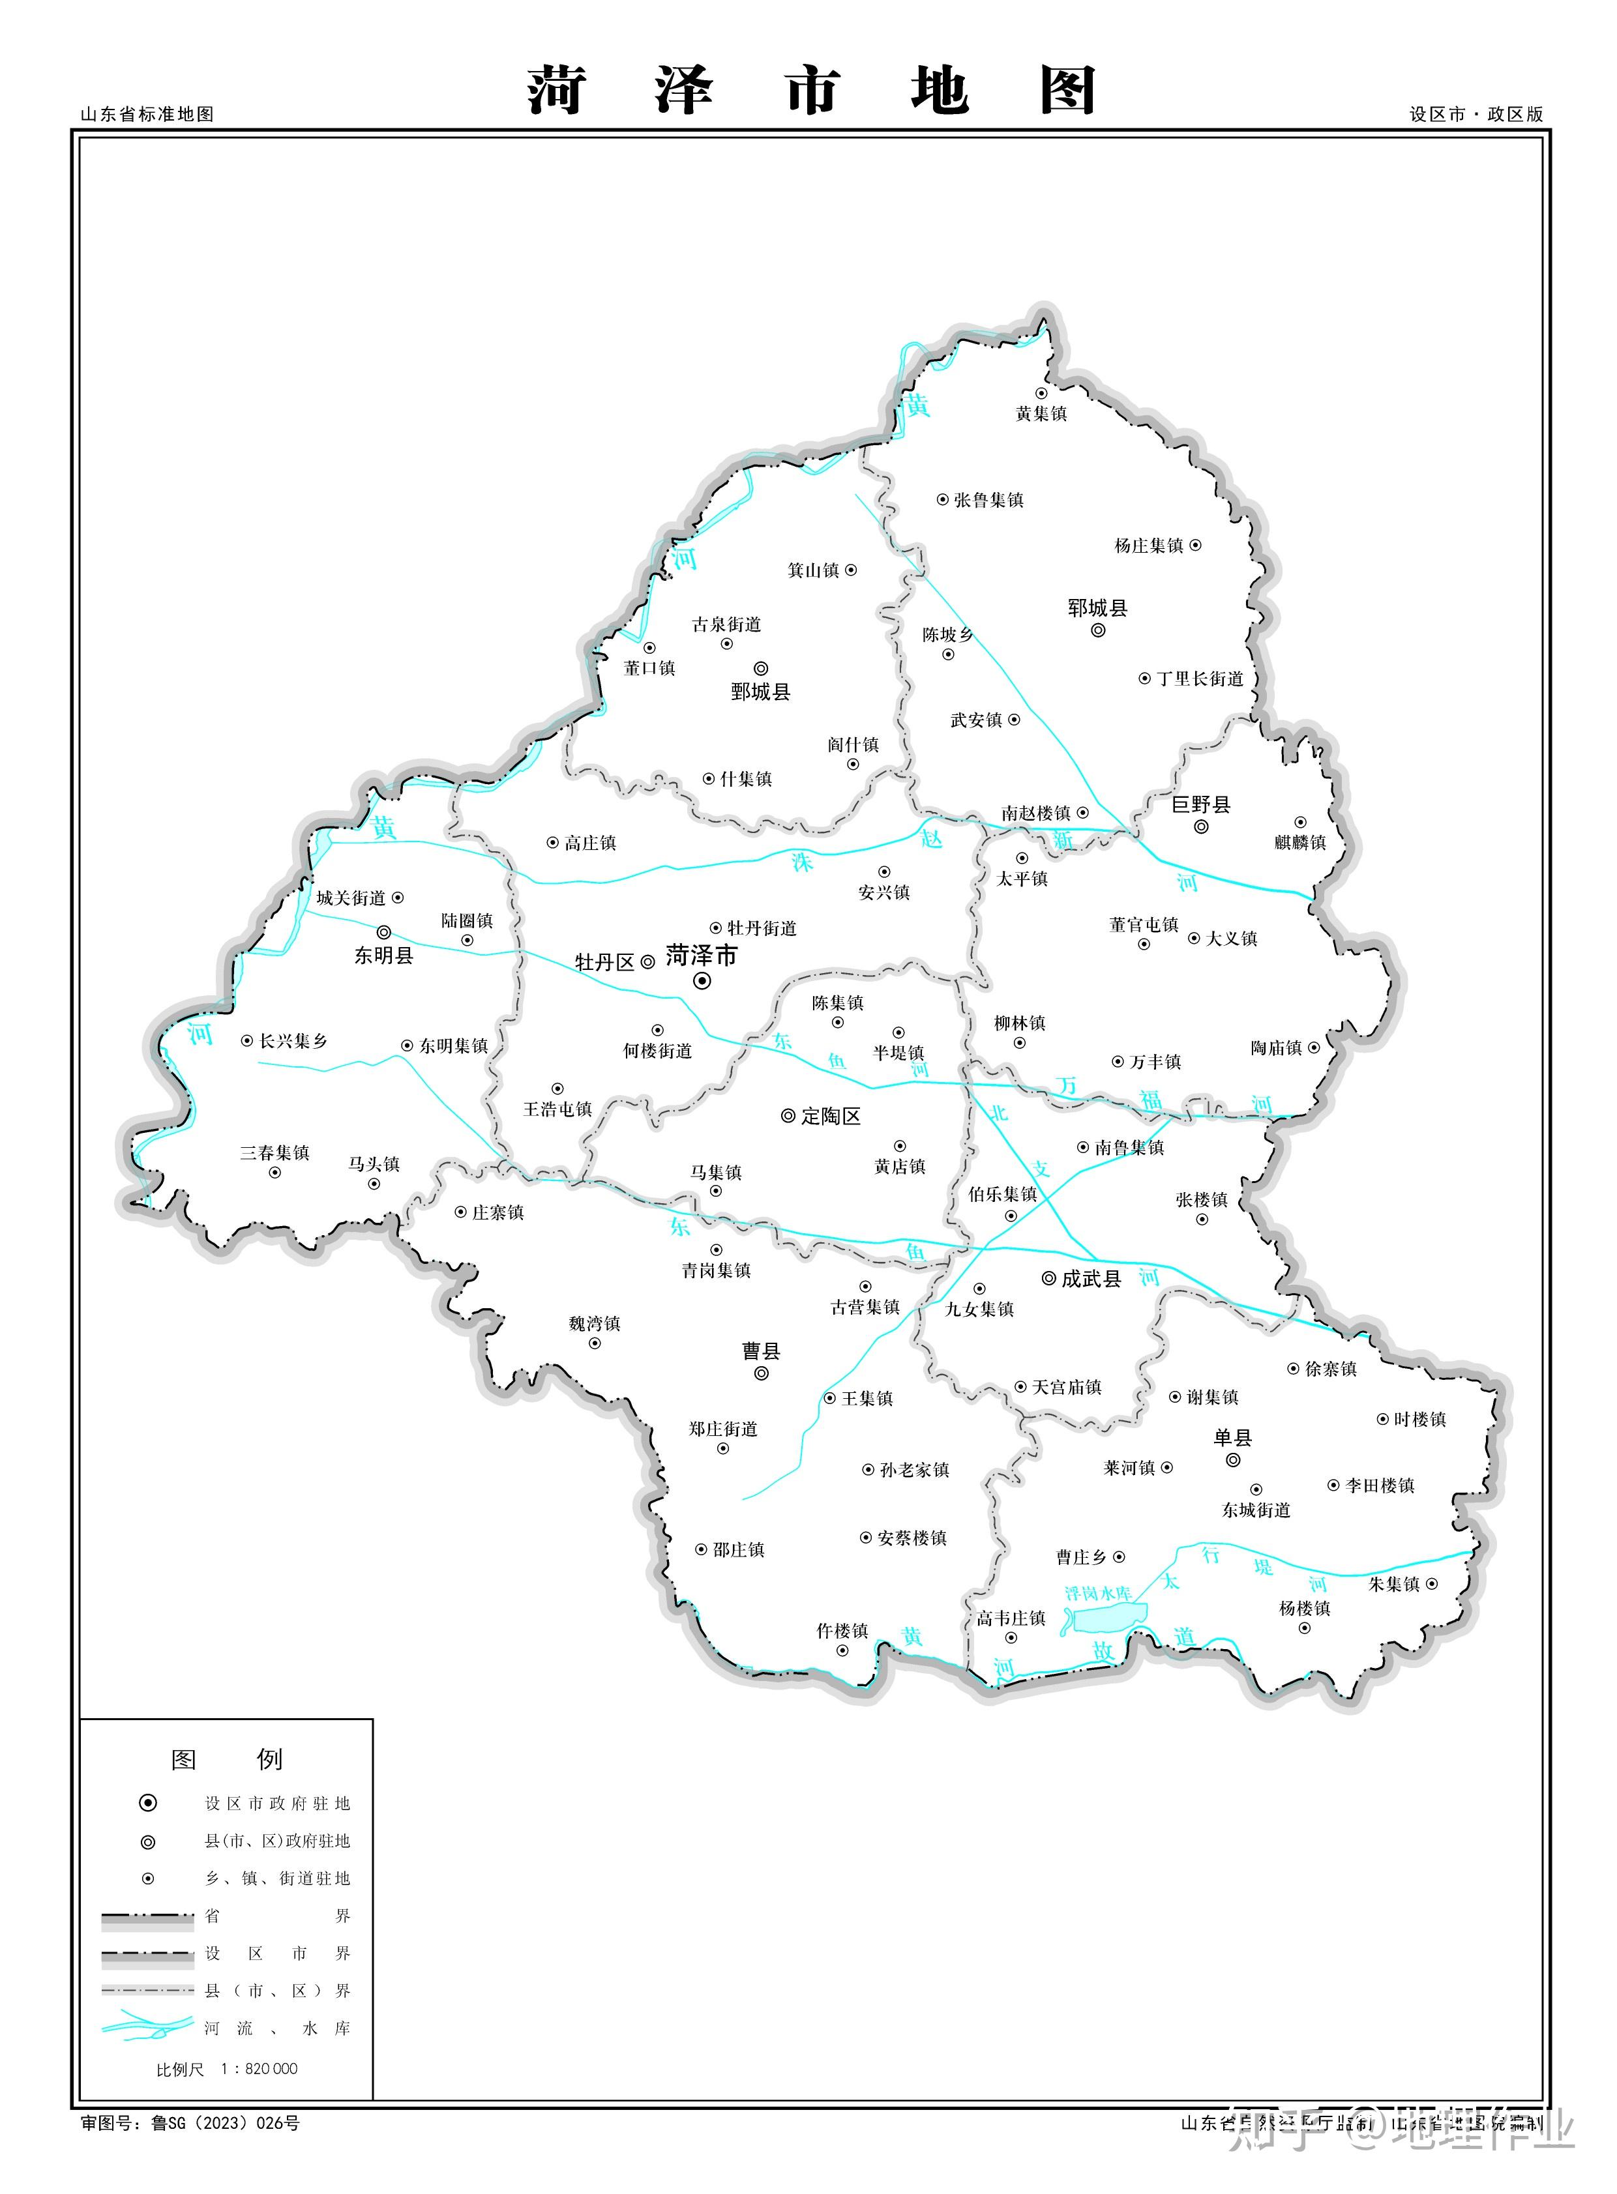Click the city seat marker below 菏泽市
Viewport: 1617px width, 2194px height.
tap(702, 980)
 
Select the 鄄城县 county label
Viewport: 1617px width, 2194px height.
tap(760, 692)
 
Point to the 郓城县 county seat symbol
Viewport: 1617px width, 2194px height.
tap(1097, 630)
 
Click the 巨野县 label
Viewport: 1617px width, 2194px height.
tap(1201, 804)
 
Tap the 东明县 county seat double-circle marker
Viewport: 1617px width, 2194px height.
tap(383, 933)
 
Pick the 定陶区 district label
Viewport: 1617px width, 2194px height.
tap(831, 1116)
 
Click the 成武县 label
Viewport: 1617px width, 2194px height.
tap(1090, 1278)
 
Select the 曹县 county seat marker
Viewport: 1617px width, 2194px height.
tap(762, 1374)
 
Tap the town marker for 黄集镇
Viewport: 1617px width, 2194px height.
tap(1041, 394)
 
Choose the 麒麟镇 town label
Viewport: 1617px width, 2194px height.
tap(1300, 843)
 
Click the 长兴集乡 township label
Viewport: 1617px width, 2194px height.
tap(293, 1041)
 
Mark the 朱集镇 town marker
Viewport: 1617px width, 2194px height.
tap(1432, 1583)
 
